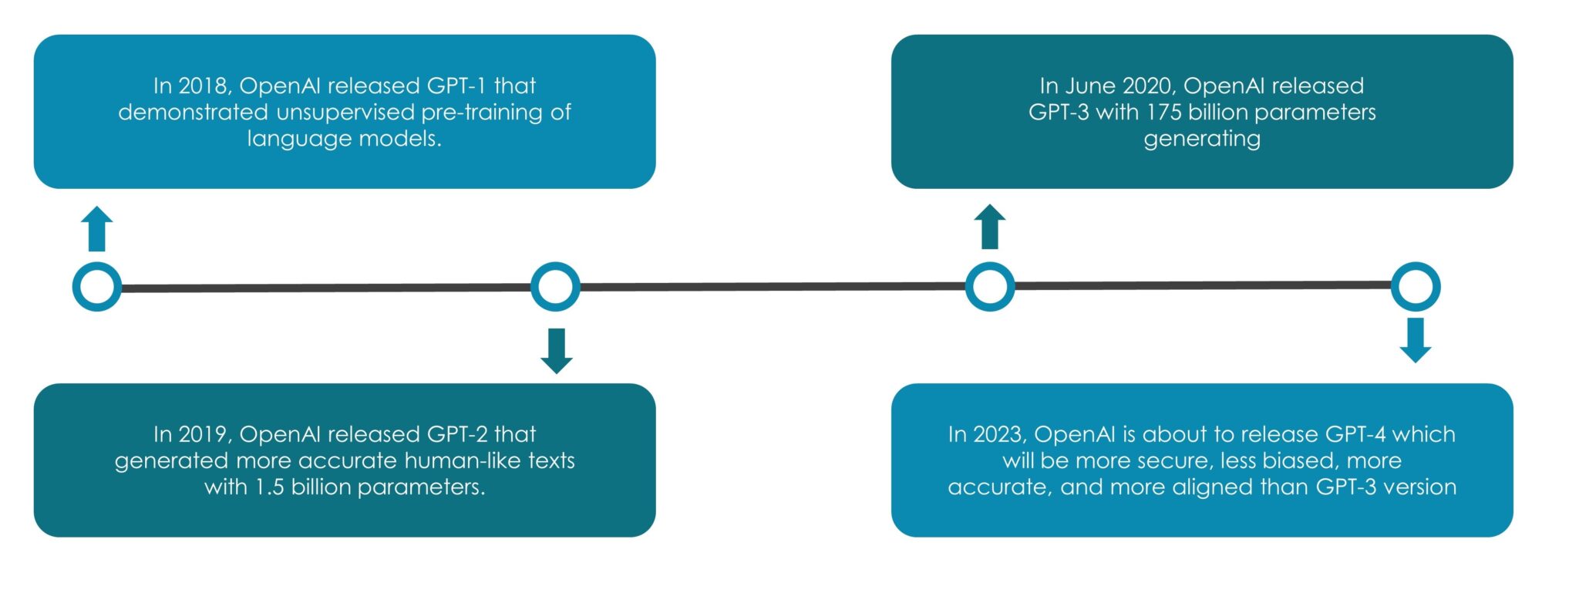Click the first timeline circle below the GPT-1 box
coord(97,287)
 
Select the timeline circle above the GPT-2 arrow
coord(555,287)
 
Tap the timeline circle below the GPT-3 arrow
coord(990,287)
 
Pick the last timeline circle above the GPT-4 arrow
coord(1416,287)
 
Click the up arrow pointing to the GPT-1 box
coord(97,229)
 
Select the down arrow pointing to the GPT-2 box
coord(556,351)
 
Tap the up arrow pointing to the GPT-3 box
coord(990,227)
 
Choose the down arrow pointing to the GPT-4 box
coord(1416,340)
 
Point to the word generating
coord(1202,140)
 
